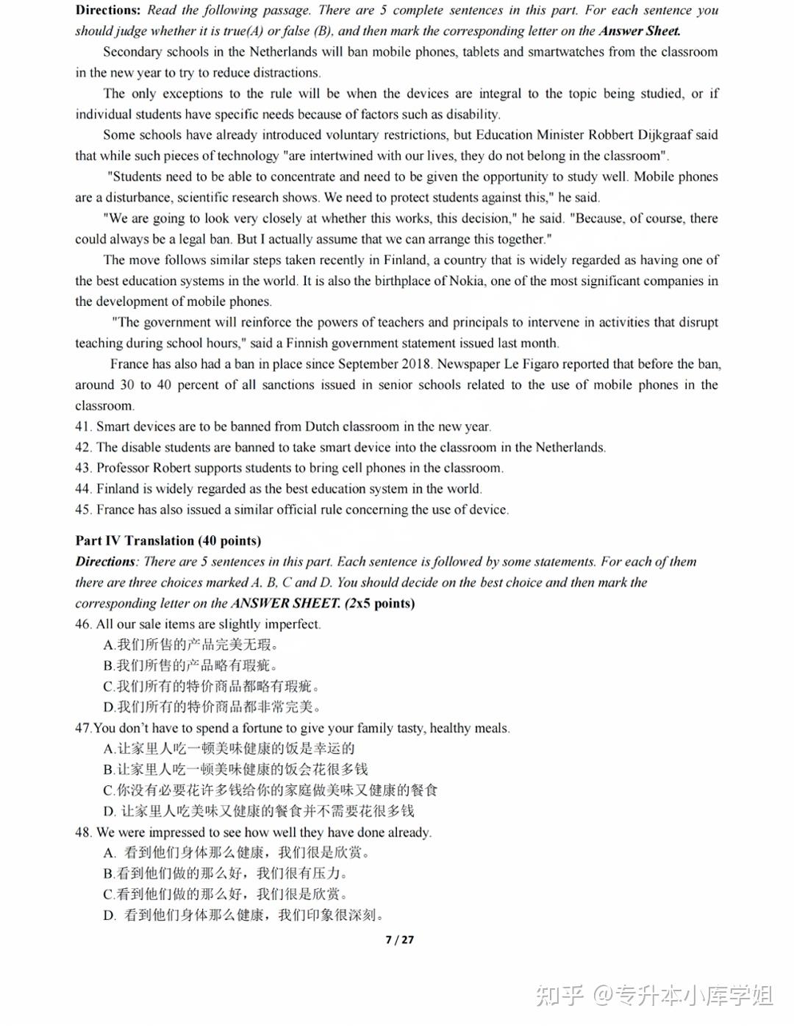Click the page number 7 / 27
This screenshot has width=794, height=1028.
(x=399, y=940)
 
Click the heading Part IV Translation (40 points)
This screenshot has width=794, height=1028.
(x=168, y=540)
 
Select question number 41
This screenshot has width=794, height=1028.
(x=83, y=426)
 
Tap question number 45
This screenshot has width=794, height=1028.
(x=83, y=510)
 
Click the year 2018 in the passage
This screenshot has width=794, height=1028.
(x=416, y=364)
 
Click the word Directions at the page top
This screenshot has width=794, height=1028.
(x=108, y=10)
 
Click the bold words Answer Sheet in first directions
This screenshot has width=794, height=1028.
(x=639, y=31)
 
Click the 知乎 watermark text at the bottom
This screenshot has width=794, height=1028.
(x=560, y=996)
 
